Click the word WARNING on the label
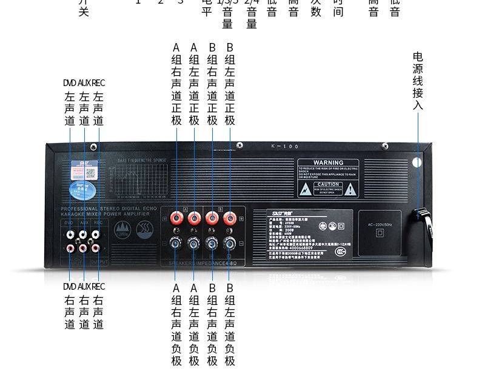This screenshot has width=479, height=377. pos(328,162)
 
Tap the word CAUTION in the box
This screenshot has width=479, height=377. pos(328,184)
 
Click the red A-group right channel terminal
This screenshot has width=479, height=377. pos(177,216)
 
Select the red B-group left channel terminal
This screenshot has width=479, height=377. pos(230,216)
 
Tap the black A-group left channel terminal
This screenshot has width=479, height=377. pos(194,244)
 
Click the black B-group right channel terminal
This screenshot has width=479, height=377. pos(212,244)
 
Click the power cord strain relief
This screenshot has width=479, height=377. pos(422,218)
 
